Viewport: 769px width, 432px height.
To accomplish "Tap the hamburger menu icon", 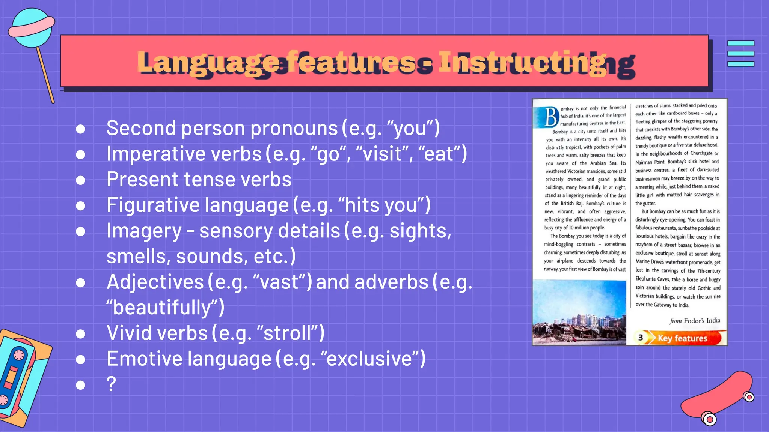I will tap(740, 54).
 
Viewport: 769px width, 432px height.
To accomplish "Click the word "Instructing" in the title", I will tap(522, 62).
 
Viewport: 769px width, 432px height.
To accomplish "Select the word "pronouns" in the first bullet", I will tap(294, 129).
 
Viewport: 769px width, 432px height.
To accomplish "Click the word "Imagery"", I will tap(144, 231).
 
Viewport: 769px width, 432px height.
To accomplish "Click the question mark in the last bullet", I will tap(111, 384).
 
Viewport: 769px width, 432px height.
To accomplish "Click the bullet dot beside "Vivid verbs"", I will tap(80, 334).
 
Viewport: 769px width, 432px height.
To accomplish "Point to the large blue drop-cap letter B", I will tap(551, 117).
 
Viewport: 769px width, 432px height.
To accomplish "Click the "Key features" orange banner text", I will tap(682, 338).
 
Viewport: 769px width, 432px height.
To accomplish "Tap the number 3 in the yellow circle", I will tap(641, 337).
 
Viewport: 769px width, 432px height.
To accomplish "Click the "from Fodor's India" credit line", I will tap(694, 321).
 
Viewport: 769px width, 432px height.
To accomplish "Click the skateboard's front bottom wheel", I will tap(709, 419).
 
